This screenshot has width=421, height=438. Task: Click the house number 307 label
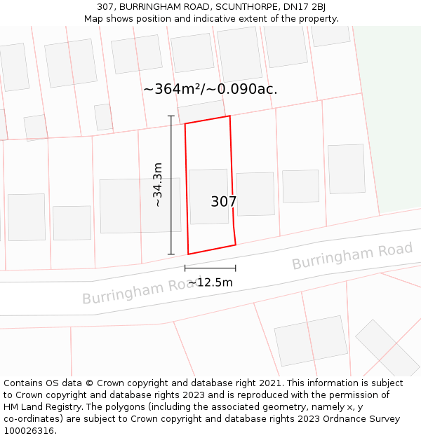[x=224, y=202]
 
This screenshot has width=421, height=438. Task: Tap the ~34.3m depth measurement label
[x=158, y=184]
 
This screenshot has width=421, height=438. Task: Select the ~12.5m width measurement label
[x=210, y=282]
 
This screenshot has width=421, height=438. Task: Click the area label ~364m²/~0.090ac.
[x=210, y=89]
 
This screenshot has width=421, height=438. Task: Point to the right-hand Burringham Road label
[x=352, y=256]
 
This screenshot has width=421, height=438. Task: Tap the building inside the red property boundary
[x=208, y=196]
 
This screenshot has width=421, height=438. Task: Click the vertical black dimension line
[x=171, y=184]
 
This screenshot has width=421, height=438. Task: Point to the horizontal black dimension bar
[x=210, y=268]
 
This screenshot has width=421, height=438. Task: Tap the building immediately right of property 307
[x=255, y=194]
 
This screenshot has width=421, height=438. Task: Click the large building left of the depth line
[x=140, y=205]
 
